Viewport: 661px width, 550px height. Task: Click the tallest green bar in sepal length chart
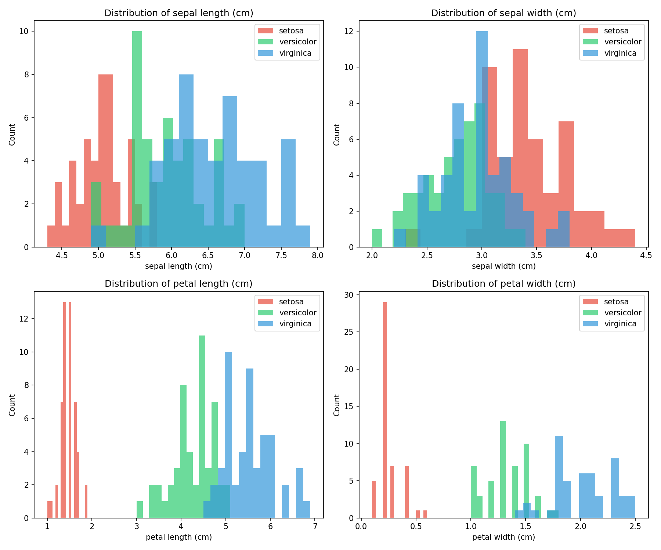[137, 110]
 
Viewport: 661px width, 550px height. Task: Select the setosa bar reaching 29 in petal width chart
[385, 403]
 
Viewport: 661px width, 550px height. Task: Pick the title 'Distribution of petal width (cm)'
[503, 283]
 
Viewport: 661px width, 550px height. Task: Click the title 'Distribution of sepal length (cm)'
[179, 13]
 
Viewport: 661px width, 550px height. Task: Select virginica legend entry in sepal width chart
[620, 53]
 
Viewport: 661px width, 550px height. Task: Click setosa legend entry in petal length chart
[291, 302]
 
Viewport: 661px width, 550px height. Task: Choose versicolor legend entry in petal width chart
[622, 313]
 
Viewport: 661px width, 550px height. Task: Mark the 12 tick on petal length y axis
[25, 319]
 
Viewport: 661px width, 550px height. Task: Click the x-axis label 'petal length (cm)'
[179, 537]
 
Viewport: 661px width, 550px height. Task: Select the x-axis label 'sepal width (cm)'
[503, 266]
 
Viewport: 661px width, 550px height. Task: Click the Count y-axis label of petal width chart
[337, 405]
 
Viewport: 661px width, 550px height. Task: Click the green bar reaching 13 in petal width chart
[503, 469]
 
